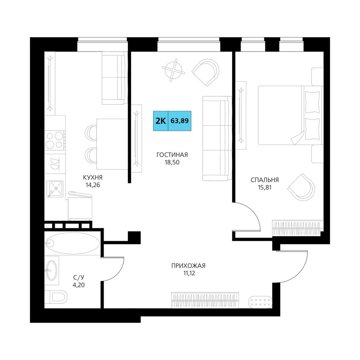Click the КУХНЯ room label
(93, 177)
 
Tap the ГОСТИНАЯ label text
(172, 155)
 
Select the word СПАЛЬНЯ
(265, 180)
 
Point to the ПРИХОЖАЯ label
(188, 266)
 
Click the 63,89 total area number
(180, 121)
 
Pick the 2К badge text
(161, 121)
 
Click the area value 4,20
(79, 285)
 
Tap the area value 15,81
(265, 187)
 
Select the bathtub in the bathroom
(72, 243)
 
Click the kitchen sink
(55, 189)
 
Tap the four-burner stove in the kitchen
(55, 140)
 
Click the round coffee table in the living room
(174, 70)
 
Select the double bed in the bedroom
(291, 115)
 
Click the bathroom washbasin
(51, 270)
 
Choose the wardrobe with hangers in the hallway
(205, 300)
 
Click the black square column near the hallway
(134, 237)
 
